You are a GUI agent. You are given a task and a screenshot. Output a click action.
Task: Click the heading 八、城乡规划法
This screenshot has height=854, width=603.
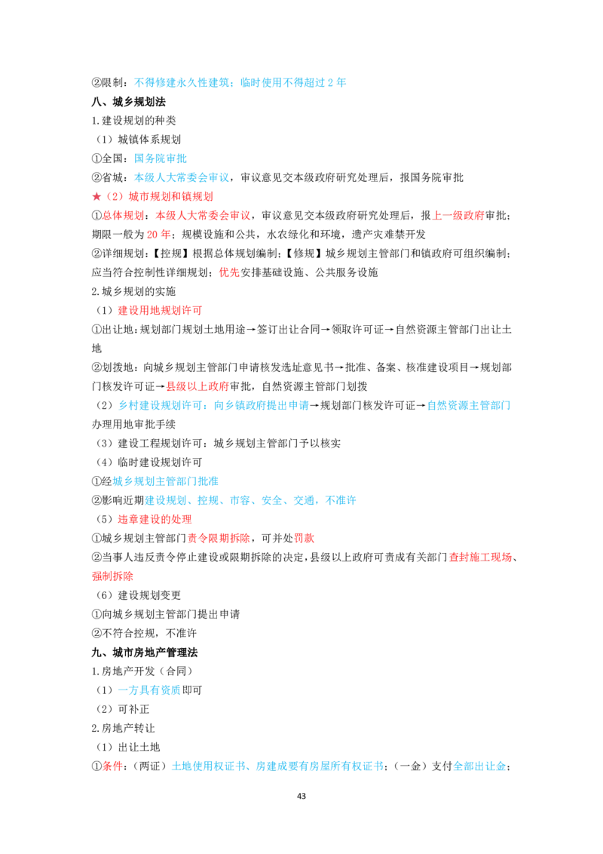coord(128,102)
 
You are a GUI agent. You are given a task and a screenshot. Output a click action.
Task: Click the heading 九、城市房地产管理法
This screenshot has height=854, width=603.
coord(145,653)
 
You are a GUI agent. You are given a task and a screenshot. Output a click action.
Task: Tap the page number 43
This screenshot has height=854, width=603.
coord(301,796)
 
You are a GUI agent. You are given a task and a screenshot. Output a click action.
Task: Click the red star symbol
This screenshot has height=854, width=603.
coord(96,197)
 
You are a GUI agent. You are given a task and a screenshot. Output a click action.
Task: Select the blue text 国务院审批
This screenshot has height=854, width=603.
coord(161,158)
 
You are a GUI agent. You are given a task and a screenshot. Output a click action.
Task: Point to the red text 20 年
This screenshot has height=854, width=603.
coord(158,235)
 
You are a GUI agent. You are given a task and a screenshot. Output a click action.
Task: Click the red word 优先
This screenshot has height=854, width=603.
coord(229,272)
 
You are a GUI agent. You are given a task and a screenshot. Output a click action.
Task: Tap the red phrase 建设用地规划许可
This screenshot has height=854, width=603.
coord(160,311)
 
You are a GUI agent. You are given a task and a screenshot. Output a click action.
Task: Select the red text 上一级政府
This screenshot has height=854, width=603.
coord(458,216)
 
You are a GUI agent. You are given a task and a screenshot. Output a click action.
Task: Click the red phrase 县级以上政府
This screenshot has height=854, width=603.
coord(197,386)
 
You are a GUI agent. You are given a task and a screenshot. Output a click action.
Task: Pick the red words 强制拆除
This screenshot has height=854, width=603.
coord(112,576)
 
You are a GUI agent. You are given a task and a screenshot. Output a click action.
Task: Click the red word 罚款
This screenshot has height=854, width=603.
coord(305,538)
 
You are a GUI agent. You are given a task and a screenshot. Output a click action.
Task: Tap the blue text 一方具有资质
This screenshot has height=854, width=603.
coord(149,690)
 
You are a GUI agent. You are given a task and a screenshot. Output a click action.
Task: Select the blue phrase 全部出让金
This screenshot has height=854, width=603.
coord(479,766)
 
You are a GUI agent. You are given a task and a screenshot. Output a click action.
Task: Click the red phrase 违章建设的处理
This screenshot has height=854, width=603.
coord(155,519)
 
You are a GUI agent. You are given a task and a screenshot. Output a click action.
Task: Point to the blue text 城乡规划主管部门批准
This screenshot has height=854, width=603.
coord(165,481)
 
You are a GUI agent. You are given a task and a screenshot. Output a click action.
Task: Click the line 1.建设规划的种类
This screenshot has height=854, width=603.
coord(134,121)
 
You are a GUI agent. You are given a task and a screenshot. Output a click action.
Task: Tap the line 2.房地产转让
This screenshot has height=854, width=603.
coord(123,728)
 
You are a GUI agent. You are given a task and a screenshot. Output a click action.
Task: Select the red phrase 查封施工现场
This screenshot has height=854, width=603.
coord(481,558)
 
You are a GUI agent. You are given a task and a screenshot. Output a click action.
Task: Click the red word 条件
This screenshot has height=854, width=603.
coord(112,766)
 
